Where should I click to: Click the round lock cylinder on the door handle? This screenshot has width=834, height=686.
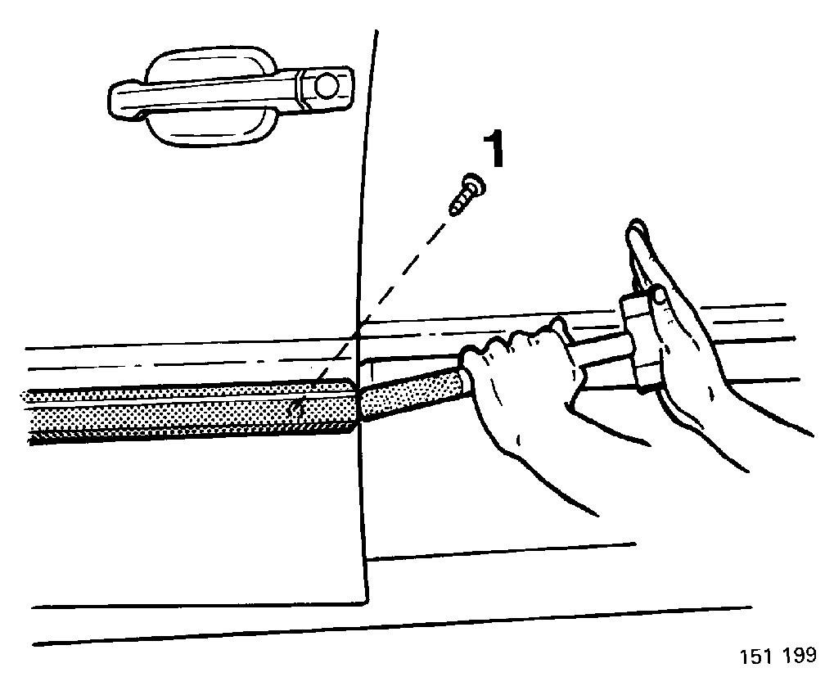[326, 86]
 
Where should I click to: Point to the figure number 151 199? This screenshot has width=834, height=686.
[778, 655]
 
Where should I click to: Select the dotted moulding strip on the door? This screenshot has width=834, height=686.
[191, 412]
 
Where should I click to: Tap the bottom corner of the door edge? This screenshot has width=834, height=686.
[366, 603]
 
